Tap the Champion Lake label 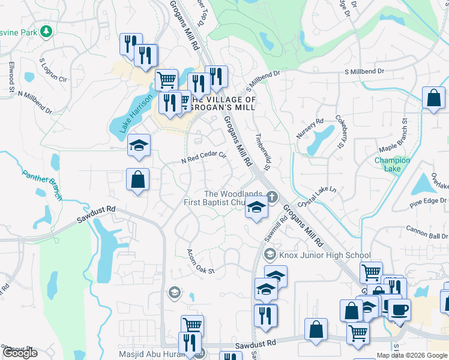tap(392, 164)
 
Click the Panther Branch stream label tap(43, 184)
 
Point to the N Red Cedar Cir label tap(203, 158)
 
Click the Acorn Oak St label tap(200, 262)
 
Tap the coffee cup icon tap(399, 310)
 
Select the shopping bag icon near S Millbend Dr tap(433, 97)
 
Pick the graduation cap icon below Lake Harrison tap(139, 145)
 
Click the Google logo tap(20, 353)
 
